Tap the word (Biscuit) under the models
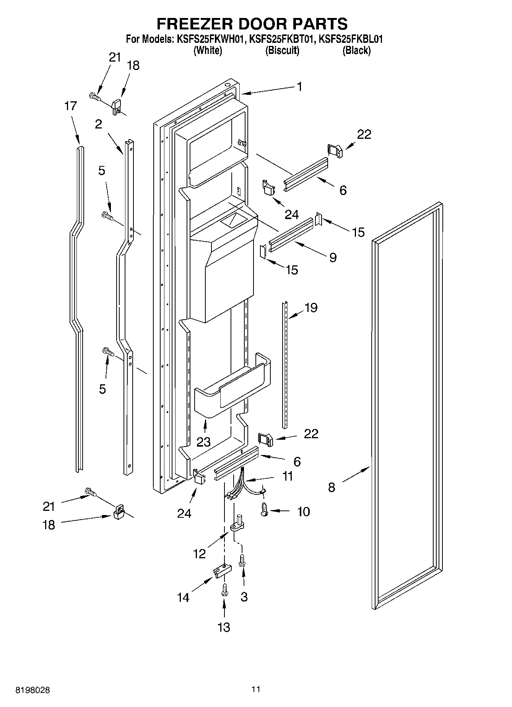(282, 50)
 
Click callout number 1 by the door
(299, 87)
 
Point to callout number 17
(70, 106)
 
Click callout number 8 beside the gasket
(331, 487)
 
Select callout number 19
(311, 308)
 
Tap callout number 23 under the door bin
(203, 442)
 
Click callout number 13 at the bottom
(224, 627)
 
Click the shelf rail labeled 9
(291, 235)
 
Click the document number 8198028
(33, 690)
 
